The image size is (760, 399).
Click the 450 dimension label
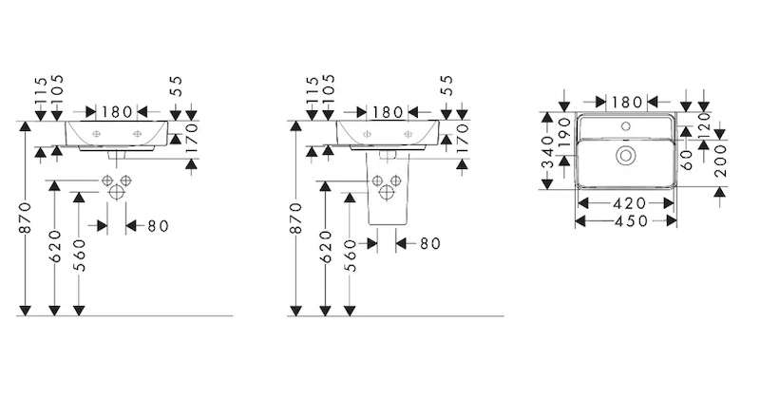[x=626, y=220]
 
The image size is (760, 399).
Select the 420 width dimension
[x=626, y=203]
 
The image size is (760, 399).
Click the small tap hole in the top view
[x=627, y=124]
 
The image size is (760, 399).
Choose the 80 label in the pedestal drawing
[x=429, y=243]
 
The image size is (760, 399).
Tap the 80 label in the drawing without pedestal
[x=159, y=225]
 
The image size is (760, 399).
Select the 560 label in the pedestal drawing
[x=350, y=256]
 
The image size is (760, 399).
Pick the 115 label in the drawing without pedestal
[x=40, y=91]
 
